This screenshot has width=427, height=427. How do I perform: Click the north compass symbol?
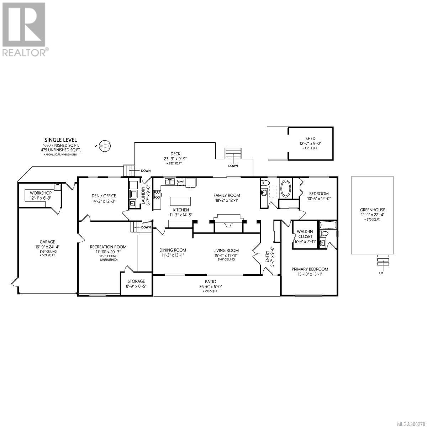[x=105, y=146]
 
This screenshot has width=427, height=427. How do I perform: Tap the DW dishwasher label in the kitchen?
[x=180, y=182]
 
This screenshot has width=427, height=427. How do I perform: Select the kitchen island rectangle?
[x=180, y=201]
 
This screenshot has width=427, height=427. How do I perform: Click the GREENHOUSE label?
[x=372, y=210]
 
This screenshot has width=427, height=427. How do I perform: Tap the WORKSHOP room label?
[x=41, y=193]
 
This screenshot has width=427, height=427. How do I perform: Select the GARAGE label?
[x=47, y=242]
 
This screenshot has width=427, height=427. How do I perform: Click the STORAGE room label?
[x=136, y=281]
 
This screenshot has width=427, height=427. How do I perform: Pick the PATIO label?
[x=210, y=281]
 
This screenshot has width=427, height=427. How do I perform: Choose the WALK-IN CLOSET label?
[x=305, y=234]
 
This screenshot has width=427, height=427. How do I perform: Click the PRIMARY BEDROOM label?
[x=310, y=269]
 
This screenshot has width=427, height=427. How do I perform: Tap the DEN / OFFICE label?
[x=104, y=196]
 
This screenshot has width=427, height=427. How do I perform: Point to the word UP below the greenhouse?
[x=381, y=273]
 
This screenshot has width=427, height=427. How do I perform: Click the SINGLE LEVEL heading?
[x=61, y=140]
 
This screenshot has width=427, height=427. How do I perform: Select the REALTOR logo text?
[x=24, y=53]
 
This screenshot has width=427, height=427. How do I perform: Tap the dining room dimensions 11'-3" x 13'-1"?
[x=173, y=255]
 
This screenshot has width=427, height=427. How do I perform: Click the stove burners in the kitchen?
[x=157, y=195]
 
